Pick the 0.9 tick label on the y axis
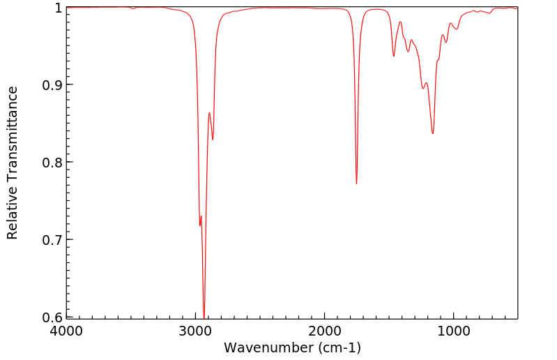pyautogui.click(x=51, y=85)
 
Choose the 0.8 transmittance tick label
pyautogui.click(x=51, y=163)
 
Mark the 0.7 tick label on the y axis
pyautogui.click(x=51, y=240)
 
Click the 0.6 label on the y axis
pyautogui.click(x=51, y=317)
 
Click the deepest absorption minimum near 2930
pyautogui.click(x=204, y=317)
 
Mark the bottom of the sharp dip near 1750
pyautogui.click(x=356, y=183)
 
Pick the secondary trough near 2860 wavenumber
pyautogui.click(x=213, y=140)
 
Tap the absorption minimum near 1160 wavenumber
pyautogui.click(x=433, y=133)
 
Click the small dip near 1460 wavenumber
pyautogui.click(x=394, y=56)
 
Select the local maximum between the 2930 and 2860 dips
pyautogui.click(x=209, y=112)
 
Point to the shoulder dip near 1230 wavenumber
pyautogui.click(x=423, y=88)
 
